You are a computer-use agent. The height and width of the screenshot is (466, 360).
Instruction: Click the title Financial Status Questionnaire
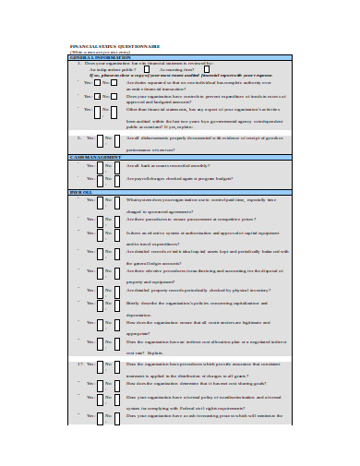[x=108, y=44]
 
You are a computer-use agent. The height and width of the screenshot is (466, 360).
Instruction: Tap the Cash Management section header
[x=92, y=157]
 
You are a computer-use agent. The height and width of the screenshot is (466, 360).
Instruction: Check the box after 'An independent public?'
[x=144, y=68]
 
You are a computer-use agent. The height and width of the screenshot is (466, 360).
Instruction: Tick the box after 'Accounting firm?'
[x=209, y=68]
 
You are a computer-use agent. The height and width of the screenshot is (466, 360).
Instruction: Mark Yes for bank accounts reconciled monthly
[x=100, y=166]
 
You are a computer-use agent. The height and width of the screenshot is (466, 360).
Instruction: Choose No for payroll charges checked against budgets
[x=120, y=179]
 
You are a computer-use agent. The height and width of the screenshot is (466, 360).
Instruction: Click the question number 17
[x=81, y=364]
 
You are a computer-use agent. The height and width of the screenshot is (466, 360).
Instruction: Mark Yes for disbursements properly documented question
[x=100, y=140]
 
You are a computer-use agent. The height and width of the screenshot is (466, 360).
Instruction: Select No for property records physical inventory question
[x=120, y=290]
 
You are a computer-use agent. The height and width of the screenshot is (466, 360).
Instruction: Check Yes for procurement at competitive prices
[x=100, y=220]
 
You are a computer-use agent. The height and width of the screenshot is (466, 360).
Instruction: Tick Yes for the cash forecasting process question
[x=100, y=416]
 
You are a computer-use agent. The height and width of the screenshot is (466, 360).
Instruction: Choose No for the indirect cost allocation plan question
[x=120, y=341]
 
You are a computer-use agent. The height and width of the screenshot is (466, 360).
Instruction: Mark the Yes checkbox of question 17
[x=100, y=365]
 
